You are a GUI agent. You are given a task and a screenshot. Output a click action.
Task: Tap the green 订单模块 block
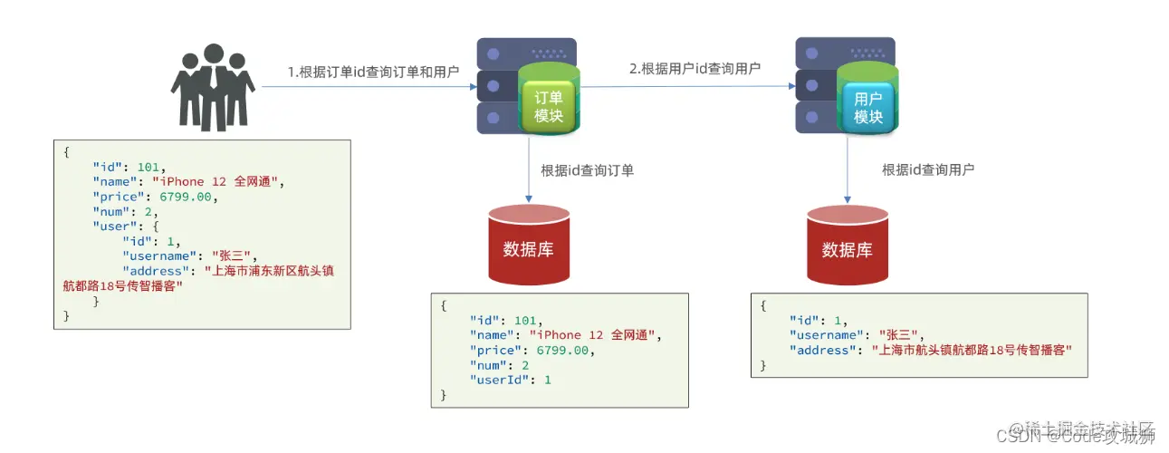tap(549, 106)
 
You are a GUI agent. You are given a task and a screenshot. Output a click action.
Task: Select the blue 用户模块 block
tap(867, 107)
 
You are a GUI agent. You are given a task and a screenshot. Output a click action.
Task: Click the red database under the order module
tap(528, 245)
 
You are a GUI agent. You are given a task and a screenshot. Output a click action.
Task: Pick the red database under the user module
tap(847, 245)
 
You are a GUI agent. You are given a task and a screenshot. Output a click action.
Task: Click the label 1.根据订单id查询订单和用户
tap(373, 72)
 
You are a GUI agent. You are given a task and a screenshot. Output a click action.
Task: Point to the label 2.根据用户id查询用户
tap(695, 68)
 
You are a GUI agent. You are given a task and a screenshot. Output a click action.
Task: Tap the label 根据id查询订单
tap(587, 169)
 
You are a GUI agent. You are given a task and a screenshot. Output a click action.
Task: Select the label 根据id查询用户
tap(928, 169)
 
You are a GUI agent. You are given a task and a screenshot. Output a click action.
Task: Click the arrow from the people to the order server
tap(367, 88)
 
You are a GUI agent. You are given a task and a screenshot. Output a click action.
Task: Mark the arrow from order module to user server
tap(688, 87)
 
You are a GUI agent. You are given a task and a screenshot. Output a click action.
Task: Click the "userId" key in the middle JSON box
tap(498, 380)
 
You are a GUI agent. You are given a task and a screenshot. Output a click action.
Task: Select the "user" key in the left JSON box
tap(112, 226)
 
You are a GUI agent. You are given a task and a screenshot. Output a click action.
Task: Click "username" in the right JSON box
tap(823, 335)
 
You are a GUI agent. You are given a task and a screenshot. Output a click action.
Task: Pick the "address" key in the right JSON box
tap(819, 350)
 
